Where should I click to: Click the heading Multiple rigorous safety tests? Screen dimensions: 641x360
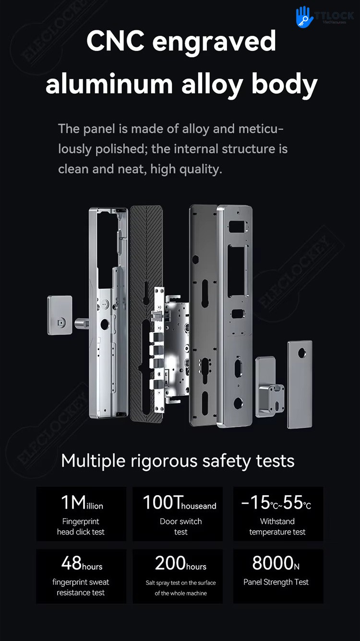coord(178,461)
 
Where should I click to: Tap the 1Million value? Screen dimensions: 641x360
coord(82,503)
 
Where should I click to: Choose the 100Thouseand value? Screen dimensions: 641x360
coord(180,503)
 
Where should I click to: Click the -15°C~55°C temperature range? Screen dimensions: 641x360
coord(276,503)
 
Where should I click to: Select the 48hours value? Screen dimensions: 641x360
coord(82,563)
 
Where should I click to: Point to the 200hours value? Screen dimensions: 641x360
coord(180,563)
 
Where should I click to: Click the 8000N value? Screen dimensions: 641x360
coord(276,563)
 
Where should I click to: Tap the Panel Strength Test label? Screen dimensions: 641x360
coord(276,582)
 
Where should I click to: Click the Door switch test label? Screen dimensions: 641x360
coord(180,526)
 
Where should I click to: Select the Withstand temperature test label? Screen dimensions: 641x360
coord(277,526)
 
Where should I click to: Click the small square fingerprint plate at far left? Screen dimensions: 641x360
coord(60,315)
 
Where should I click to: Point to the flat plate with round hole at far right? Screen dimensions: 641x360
coord(300,384)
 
